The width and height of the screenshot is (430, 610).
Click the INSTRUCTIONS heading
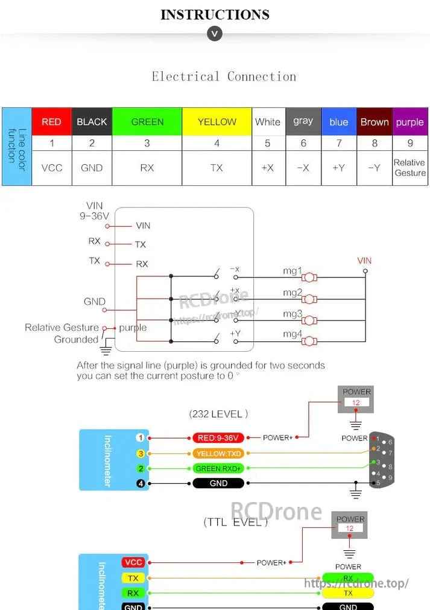click(215, 14)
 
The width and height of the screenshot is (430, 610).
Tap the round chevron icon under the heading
click(215, 34)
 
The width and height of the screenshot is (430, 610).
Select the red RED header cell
click(51, 122)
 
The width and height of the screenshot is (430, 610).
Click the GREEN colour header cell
click(147, 122)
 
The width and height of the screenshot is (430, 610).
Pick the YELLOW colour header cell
click(217, 122)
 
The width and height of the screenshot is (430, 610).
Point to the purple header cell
click(409, 122)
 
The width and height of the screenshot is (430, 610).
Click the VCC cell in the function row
click(51, 168)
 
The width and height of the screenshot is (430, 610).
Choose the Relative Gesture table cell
click(409, 168)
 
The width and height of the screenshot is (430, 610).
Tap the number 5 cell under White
click(268, 144)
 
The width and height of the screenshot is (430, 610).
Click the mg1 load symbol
click(309, 278)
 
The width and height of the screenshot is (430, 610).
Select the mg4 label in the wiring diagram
click(292, 334)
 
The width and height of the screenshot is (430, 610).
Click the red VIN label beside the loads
click(364, 261)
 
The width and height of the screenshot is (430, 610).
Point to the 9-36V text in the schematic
click(94, 215)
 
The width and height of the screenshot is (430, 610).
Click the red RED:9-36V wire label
click(218, 438)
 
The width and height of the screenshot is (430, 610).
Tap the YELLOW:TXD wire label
click(218, 453)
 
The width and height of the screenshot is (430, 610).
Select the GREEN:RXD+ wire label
click(218, 468)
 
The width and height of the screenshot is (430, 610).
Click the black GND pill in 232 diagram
click(218, 483)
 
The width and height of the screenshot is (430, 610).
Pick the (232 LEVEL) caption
click(218, 414)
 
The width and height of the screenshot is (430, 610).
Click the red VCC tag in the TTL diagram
click(133, 562)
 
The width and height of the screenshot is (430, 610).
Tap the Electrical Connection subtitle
click(224, 77)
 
